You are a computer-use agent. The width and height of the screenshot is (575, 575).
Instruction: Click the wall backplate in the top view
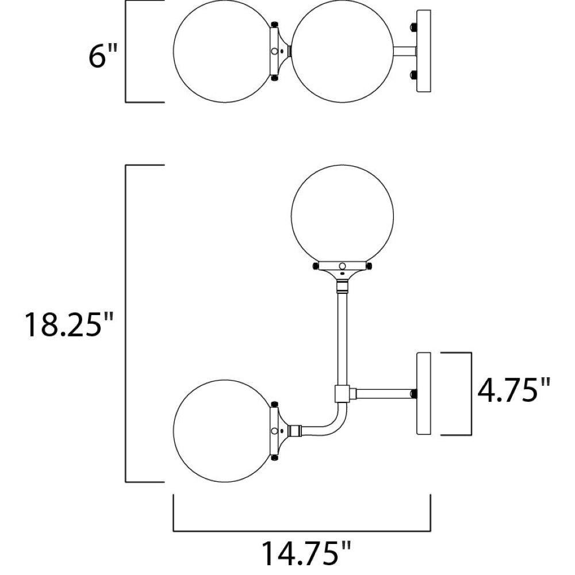[x=424, y=51]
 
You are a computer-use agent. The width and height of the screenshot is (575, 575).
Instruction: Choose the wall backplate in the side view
[x=424, y=394]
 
